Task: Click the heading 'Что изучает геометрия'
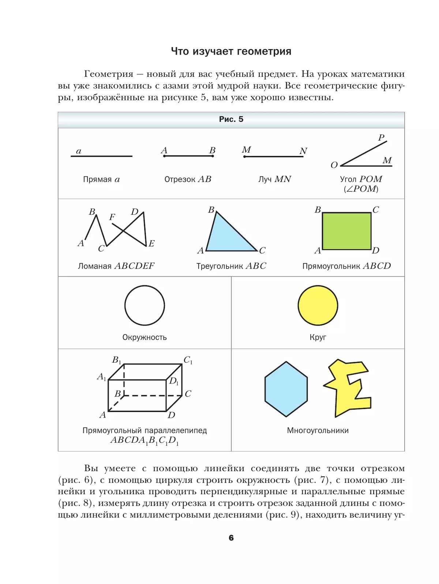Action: click(231, 51)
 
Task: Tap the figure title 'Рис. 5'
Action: click(231, 119)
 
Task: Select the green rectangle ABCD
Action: click(346, 231)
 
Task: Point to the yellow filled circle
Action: click(318, 305)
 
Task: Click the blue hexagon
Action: click(286, 389)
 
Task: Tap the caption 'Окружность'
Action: click(145, 337)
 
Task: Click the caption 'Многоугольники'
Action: click(318, 431)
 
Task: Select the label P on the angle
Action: click(381, 138)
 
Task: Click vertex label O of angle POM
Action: click(334, 165)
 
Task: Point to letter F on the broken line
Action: click(112, 217)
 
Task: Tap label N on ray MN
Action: click(303, 151)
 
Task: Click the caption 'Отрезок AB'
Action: click(188, 179)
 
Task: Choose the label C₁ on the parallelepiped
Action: click(188, 360)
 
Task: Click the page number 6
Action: click(231, 538)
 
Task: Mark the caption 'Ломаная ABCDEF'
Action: click(116, 266)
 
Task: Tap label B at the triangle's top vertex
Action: click(211, 210)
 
